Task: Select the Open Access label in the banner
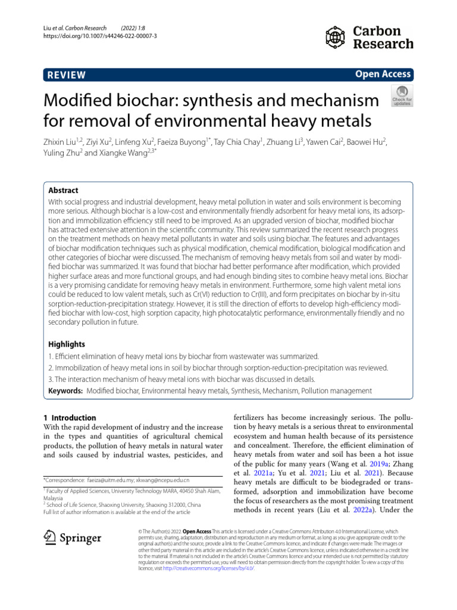tap(383, 74)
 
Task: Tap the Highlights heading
tap(67, 344)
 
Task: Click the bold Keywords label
tap(65, 391)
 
